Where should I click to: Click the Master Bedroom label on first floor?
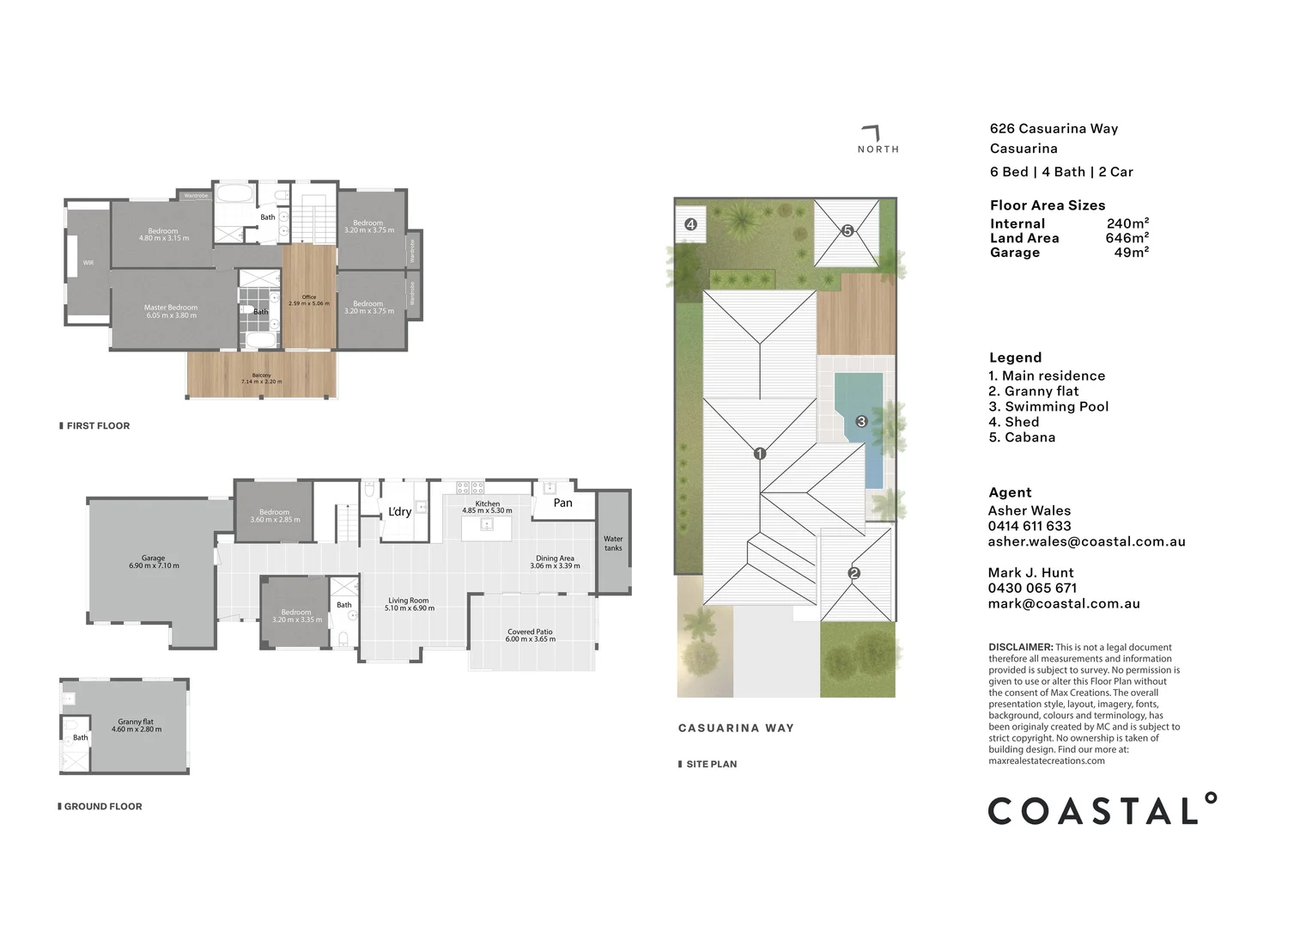pos(171,311)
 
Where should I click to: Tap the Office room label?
pos(309,300)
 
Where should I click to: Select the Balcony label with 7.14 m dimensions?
pos(261,378)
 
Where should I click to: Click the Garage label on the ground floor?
pos(154,562)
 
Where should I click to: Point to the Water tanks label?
pos(613,543)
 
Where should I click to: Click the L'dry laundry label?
pos(399,511)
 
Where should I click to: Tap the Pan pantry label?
pos(562,503)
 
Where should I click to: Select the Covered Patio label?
pos(531,635)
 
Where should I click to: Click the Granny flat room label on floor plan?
pos(136,725)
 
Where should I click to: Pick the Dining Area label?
pos(555,562)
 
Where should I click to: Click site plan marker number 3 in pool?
pos(861,421)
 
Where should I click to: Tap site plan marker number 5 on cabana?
pos(847,230)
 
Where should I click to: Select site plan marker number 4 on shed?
pos(690,224)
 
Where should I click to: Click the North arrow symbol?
pos(872,133)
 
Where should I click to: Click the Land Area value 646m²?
pos(1127,238)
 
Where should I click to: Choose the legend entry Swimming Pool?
pos(1048,406)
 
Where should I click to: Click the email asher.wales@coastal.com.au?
pos(1086,541)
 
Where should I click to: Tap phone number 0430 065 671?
pos(1032,588)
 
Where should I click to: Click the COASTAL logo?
pos(1102,810)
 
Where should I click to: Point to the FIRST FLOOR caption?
pos(97,425)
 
